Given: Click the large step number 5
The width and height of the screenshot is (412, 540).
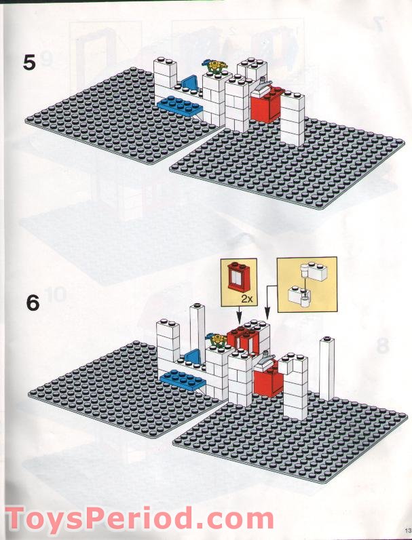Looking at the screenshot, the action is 29,62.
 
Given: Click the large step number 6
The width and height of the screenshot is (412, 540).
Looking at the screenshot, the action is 33,303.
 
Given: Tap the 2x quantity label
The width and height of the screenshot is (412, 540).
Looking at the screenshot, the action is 246,298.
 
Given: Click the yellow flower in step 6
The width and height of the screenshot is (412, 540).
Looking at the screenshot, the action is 218,339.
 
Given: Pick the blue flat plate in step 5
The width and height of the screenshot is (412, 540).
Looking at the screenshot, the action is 180,104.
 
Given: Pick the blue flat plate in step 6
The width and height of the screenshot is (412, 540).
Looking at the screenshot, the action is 183,379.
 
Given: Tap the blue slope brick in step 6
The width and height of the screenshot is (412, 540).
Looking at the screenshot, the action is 193,356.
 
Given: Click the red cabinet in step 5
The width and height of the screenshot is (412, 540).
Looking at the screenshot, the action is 267,104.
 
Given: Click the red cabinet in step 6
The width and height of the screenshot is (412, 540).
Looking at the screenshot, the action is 269,378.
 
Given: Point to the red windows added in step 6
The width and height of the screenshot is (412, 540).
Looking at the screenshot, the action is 244,339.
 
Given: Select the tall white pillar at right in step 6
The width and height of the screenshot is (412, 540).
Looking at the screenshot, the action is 326,369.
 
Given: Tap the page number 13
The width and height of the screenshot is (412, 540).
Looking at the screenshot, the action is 408,530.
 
